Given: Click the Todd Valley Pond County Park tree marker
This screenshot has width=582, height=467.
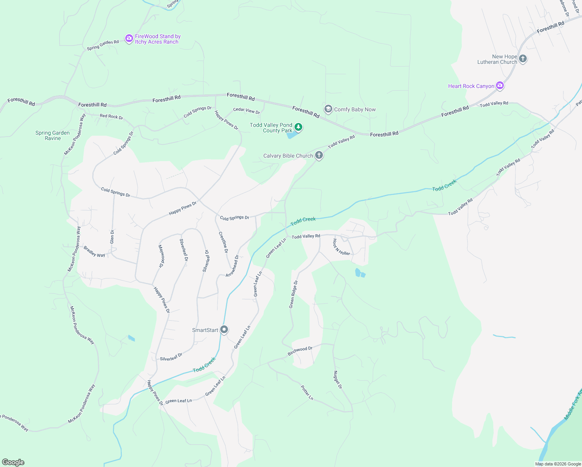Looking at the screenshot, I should pos(298,127).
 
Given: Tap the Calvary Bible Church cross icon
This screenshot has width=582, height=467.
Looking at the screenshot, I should pos(319,156).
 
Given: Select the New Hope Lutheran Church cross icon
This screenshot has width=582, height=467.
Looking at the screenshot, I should pos(523,59).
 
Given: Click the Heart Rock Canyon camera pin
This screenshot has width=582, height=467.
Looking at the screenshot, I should pos(500,86).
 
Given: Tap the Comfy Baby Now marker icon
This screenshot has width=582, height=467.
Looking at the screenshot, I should pos(328,109).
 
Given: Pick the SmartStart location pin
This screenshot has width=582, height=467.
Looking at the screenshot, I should pos(224,330).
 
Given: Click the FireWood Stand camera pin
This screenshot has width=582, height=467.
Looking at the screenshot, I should pos(129,39).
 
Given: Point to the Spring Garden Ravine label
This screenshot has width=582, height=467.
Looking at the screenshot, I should pos(53,135).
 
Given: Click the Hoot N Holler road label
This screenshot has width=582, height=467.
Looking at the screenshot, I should pos(341,248).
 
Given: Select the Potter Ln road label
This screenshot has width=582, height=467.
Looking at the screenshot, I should pos(307,393).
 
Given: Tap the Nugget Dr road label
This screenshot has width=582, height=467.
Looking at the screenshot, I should pos(337,379).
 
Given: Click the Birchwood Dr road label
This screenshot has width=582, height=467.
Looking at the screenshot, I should pos(300,351).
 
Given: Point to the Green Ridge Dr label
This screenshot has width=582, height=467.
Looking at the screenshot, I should pos(293,294).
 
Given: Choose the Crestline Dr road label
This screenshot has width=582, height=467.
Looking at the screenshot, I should pos(223,242).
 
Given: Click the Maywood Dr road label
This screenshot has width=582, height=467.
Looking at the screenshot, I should pos(161,256).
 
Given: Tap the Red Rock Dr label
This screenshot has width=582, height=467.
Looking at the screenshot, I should pos(111,116).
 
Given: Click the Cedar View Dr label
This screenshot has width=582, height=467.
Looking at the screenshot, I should pos(246,111).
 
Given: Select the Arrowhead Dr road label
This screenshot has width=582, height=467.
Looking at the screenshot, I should pos(232,266).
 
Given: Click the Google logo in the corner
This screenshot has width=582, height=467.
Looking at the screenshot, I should pos(13,462).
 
